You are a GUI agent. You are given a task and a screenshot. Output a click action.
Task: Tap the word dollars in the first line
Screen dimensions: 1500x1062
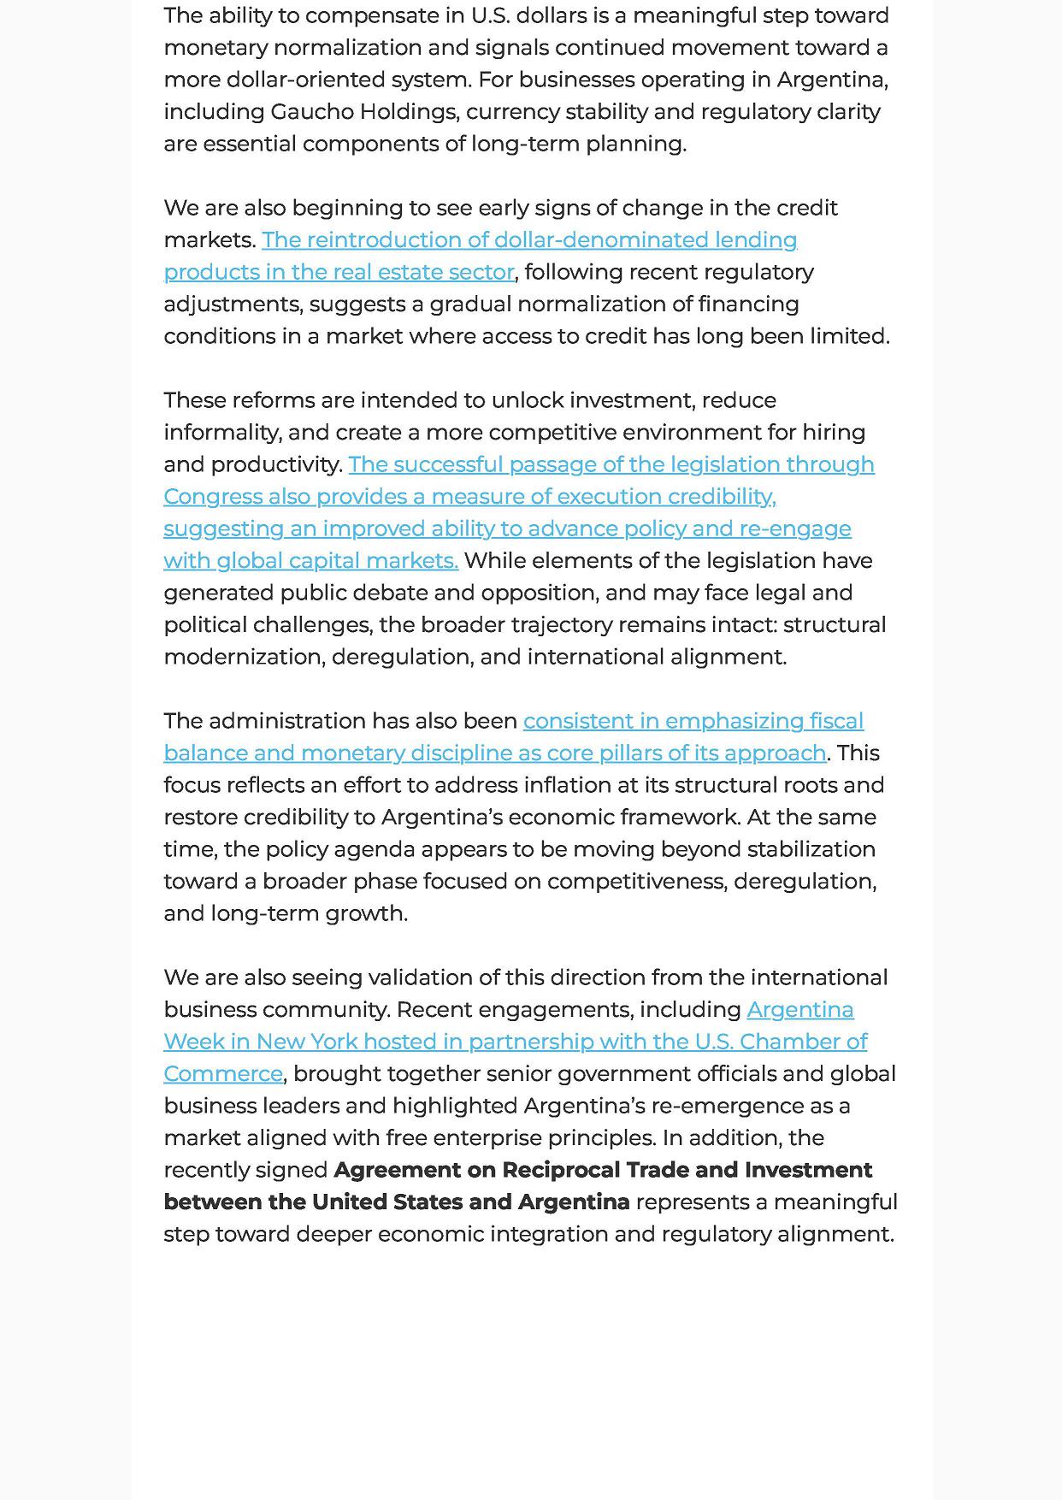(552, 15)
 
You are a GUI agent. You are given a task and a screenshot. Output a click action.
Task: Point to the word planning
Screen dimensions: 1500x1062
(635, 144)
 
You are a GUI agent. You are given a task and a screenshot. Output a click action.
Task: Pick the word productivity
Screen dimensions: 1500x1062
(275, 464)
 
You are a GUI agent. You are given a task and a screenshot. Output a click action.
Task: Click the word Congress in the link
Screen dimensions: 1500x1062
(213, 497)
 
